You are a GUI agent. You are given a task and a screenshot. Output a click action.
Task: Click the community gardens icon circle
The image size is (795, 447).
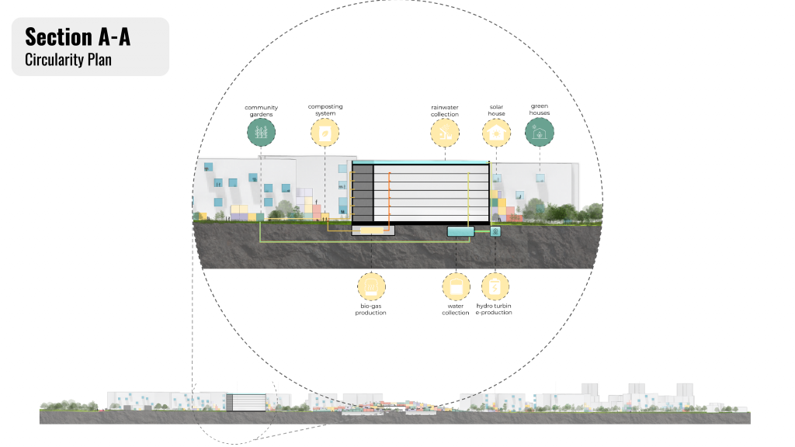tap(262, 133)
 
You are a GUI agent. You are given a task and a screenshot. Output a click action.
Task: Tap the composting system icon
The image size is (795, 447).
tap(325, 133)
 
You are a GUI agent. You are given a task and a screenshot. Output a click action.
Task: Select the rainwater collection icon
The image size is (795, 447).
tap(445, 133)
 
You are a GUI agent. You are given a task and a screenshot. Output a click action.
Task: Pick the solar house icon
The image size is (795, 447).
tap(496, 133)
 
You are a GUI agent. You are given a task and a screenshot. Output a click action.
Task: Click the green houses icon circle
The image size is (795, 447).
tap(540, 133)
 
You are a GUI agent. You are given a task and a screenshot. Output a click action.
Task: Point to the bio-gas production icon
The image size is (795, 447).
tap(371, 286)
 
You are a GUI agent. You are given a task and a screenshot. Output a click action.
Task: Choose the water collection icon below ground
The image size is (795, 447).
tap(456, 286)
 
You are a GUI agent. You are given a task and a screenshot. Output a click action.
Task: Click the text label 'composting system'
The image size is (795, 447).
tap(325, 109)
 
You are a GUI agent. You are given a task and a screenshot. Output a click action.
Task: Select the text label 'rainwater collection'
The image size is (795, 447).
tap(445, 111)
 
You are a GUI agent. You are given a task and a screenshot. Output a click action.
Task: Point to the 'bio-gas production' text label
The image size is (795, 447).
tap(371, 310)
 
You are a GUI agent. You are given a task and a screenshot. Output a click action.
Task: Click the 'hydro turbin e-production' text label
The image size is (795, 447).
tap(494, 310)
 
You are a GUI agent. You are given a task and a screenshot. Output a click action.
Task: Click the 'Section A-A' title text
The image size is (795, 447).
tap(78, 36)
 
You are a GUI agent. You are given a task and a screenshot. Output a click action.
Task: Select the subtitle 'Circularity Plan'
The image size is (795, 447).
tap(68, 59)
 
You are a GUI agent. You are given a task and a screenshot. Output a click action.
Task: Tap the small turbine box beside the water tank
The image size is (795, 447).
tap(495, 231)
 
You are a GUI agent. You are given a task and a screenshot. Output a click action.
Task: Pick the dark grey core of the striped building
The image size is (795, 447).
tap(363, 194)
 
